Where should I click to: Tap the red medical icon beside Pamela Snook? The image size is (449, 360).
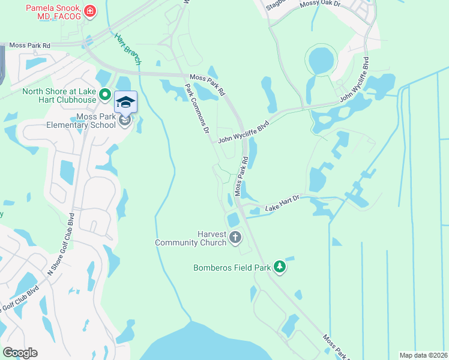pos(90,10)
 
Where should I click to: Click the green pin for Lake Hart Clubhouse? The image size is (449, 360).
pos(104,94)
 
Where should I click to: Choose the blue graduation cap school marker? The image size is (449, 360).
pos(125,102)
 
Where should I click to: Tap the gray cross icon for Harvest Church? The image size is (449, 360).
pos(235,238)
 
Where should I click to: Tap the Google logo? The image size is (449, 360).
pos(20,353)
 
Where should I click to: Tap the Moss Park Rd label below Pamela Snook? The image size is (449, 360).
pos(29,45)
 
